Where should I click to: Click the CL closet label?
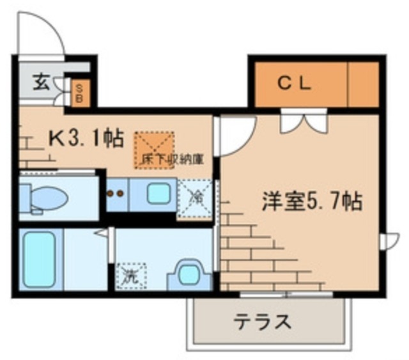[x=294, y=83]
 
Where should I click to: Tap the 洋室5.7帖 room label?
[x=311, y=203]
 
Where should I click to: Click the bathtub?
[x=39, y=260]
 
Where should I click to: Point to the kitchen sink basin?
[x=156, y=193]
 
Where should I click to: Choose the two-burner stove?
[x=115, y=193]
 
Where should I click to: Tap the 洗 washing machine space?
[x=130, y=277]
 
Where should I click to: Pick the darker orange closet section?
[x=363, y=84]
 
